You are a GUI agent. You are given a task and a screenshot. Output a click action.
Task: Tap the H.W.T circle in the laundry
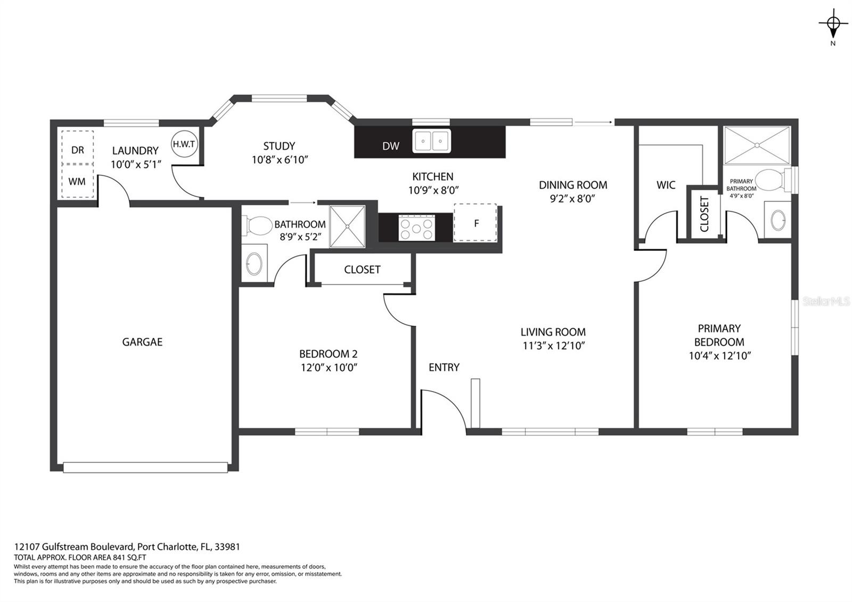184,144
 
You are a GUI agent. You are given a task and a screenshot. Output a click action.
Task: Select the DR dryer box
78,147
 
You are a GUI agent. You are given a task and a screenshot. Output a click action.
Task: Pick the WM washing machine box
78,182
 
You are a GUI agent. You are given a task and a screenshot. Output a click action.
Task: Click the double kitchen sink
431,141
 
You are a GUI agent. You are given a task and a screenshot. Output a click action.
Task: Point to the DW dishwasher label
391,146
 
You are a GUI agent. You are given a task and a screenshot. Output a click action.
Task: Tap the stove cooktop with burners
416,228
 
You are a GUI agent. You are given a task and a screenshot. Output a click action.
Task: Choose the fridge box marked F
476,223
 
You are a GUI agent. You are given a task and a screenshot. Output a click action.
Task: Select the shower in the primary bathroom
757,145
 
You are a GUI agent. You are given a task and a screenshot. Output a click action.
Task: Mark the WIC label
666,185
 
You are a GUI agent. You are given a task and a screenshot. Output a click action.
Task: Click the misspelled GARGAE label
142,342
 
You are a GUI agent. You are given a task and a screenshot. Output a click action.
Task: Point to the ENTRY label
444,367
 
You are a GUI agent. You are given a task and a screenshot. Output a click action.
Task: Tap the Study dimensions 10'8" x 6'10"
280,160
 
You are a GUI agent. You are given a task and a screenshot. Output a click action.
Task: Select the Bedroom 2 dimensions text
329,368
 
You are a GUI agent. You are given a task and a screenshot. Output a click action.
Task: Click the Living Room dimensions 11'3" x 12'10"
553,346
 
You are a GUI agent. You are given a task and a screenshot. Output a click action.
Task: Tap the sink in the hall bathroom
254,264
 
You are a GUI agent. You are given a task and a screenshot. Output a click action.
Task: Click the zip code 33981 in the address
227,547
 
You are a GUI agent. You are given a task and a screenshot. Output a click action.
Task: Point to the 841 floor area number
118,557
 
